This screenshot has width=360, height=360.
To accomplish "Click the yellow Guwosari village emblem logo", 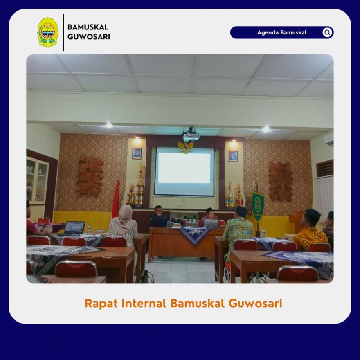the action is click(x=48, y=32).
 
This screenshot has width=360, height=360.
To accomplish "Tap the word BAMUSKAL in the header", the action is click(x=88, y=27).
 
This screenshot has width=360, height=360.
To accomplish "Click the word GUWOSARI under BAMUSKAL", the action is click(x=89, y=37).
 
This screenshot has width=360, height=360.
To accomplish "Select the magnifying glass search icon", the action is click(x=327, y=32).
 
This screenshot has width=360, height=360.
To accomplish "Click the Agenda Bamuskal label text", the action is click(x=282, y=33).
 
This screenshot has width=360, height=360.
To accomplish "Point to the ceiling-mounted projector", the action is click(x=191, y=135).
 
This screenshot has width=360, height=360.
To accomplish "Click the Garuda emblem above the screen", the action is click(x=186, y=147).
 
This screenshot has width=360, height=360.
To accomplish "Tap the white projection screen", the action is click(x=184, y=172).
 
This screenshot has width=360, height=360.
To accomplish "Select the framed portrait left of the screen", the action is click(x=137, y=153).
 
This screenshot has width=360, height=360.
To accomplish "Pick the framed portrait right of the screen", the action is click(x=233, y=156).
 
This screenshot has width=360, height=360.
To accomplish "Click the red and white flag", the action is click(x=116, y=199).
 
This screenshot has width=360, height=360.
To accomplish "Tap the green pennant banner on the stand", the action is click(x=258, y=206).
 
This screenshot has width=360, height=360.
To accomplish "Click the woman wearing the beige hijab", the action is click(x=124, y=227).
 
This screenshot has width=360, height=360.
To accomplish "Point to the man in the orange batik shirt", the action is click(x=310, y=231).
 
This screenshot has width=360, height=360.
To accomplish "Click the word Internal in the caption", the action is click(x=144, y=303).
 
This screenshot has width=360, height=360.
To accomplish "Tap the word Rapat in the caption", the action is click(x=101, y=304).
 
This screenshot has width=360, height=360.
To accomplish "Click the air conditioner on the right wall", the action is click(x=329, y=140).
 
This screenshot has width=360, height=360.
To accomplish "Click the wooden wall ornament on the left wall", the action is click(x=90, y=176).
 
